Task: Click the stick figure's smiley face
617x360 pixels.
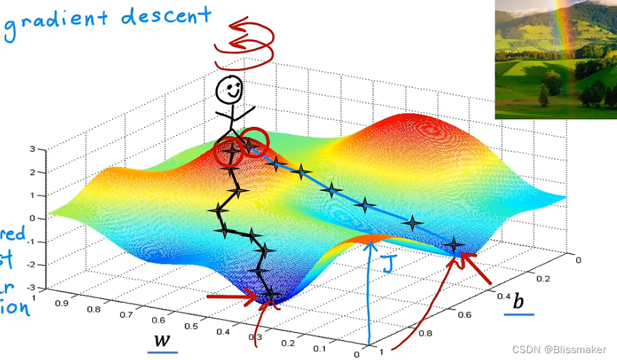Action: click(x=230, y=88)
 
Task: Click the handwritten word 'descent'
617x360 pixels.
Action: click(x=163, y=15)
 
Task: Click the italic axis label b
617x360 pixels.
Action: click(x=519, y=302)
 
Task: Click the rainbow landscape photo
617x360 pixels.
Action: click(x=555, y=59)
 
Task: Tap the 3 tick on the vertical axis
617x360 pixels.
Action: click(x=32, y=149)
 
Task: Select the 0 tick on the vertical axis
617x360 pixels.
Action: click(x=32, y=219)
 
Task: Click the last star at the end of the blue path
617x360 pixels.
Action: click(x=453, y=245)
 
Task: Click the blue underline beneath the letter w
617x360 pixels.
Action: click(x=162, y=352)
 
